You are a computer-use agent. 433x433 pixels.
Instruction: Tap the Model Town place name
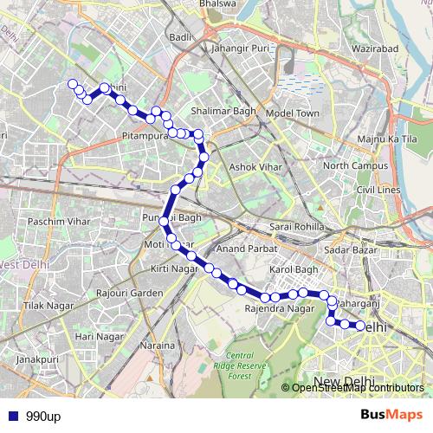pos(293,113)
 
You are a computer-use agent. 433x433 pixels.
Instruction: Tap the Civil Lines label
pos(378,189)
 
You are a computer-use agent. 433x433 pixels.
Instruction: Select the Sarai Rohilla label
pos(297,227)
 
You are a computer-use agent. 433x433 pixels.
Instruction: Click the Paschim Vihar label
pos(59,222)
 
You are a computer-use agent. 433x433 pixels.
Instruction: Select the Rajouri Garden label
pos(131,294)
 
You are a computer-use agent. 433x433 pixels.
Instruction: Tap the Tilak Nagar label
pos(45,307)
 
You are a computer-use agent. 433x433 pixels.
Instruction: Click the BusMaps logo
pos(392,416)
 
